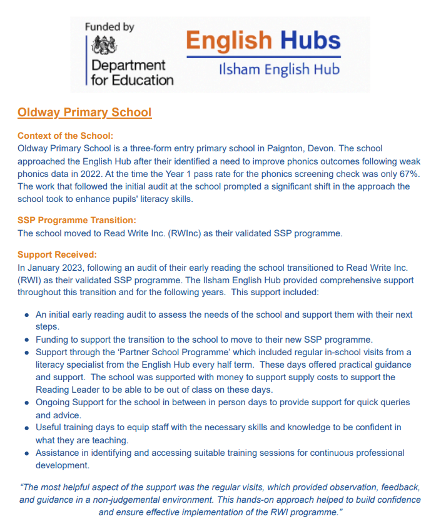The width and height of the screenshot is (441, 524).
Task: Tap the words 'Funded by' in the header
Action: (109, 27)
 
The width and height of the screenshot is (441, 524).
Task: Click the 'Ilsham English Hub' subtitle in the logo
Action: (279, 69)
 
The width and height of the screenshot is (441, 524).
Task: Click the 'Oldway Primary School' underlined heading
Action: (84, 113)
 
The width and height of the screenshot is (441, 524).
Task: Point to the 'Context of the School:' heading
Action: (65, 136)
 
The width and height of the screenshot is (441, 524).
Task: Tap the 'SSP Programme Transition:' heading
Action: (77, 220)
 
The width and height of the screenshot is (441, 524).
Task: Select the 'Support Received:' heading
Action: (57, 254)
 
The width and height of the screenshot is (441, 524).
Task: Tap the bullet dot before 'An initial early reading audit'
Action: (26, 315)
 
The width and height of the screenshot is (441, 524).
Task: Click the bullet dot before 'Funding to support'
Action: (26, 340)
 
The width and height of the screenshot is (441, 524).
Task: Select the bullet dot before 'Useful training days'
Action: (26, 428)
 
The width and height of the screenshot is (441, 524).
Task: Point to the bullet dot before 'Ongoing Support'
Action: (26, 403)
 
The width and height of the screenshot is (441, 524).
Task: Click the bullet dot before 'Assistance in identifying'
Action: (26, 453)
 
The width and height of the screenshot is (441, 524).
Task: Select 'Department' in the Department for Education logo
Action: (128, 65)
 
